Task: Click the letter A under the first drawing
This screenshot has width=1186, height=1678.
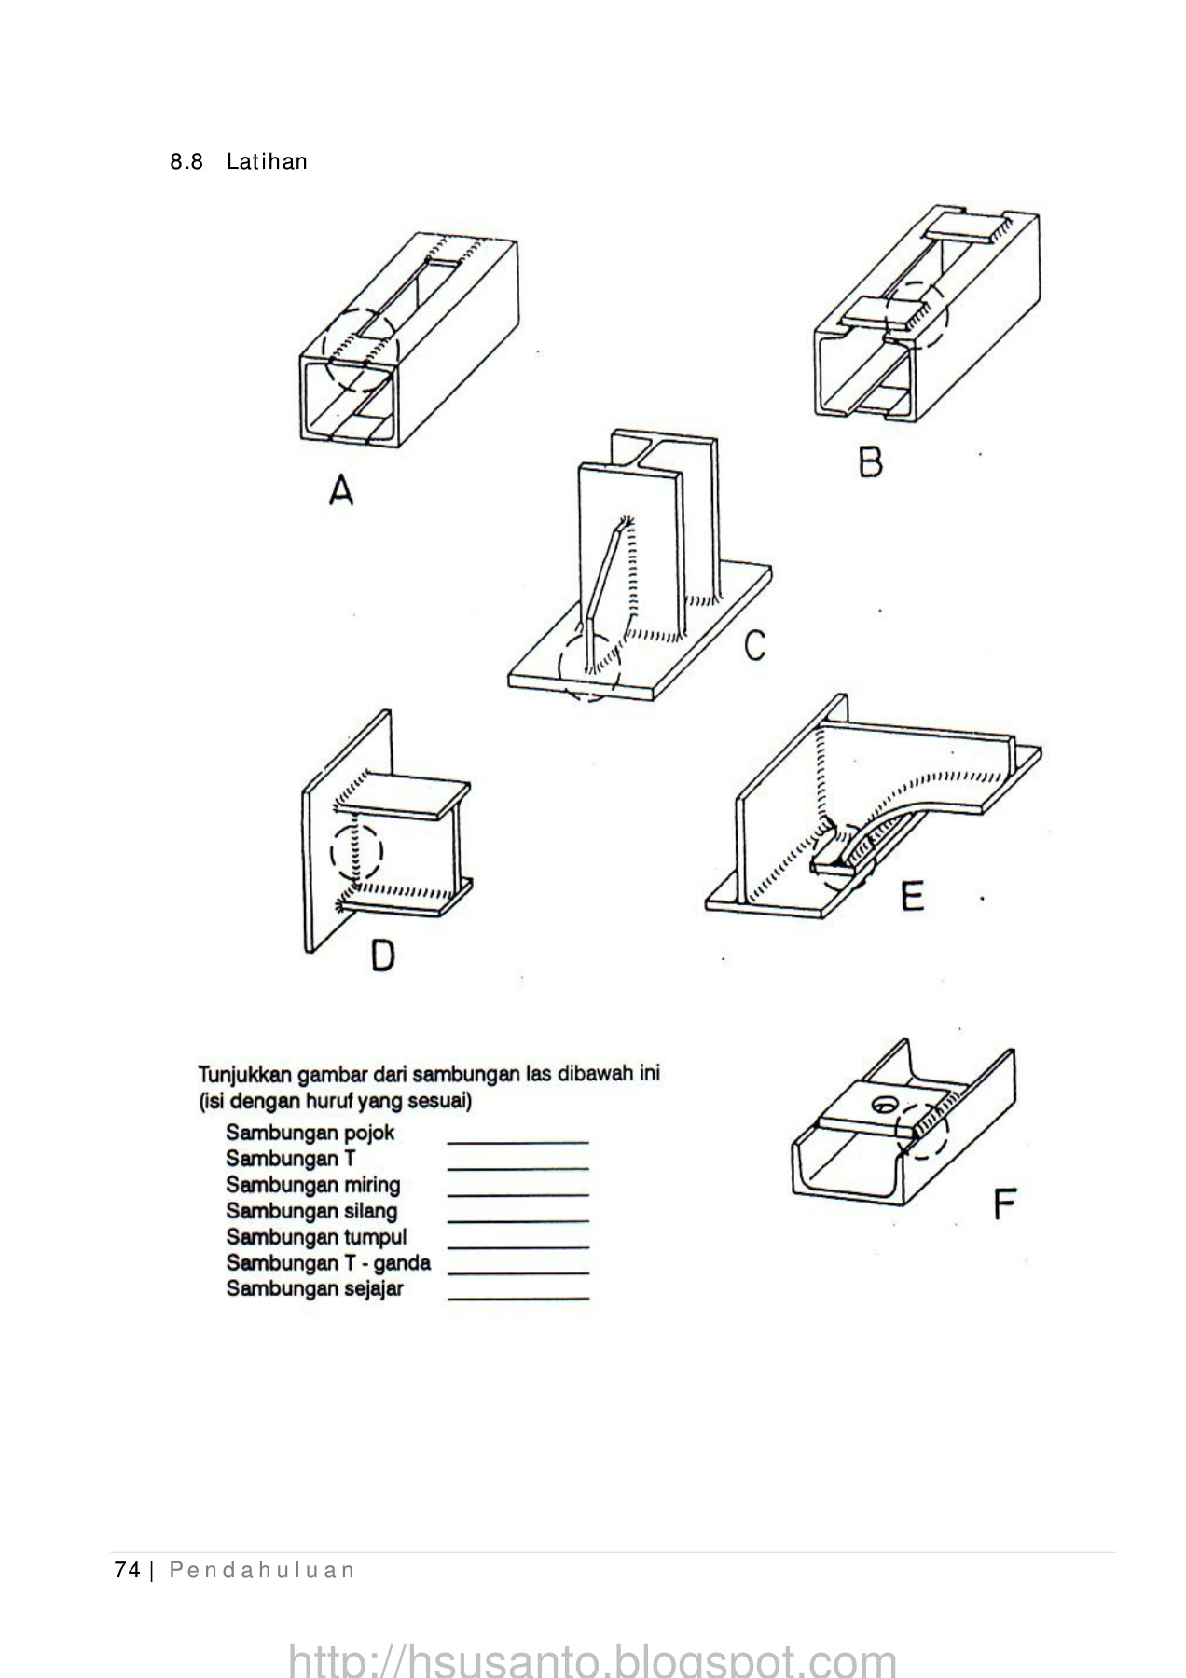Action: tap(342, 489)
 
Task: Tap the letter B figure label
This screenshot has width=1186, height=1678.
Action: tap(870, 462)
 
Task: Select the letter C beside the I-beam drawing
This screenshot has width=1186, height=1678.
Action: tap(755, 645)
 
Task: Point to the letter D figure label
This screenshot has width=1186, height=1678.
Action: tap(382, 956)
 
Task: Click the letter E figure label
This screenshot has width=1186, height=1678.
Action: tap(911, 897)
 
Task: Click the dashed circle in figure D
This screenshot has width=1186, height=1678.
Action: tap(357, 852)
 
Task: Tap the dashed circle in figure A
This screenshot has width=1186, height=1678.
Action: tap(361, 349)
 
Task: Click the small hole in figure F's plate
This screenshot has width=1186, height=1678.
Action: tap(882, 1107)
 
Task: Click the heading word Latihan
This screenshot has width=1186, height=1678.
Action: tap(267, 162)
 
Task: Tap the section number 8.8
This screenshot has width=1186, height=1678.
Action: tap(186, 162)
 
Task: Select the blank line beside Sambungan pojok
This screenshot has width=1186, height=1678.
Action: tap(518, 1141)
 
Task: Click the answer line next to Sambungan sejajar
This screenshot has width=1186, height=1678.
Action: tap(518, 1298)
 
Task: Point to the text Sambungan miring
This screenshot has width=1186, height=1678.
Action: tap(313, 1185)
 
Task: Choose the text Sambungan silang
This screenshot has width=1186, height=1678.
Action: tap(311, 1211)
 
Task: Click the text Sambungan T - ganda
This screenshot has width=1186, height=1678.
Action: tap(328, 1263)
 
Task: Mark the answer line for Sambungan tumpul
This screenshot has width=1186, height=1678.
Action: tap(518, 1245)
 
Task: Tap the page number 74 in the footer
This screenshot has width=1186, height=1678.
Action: tap(126, 1570)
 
